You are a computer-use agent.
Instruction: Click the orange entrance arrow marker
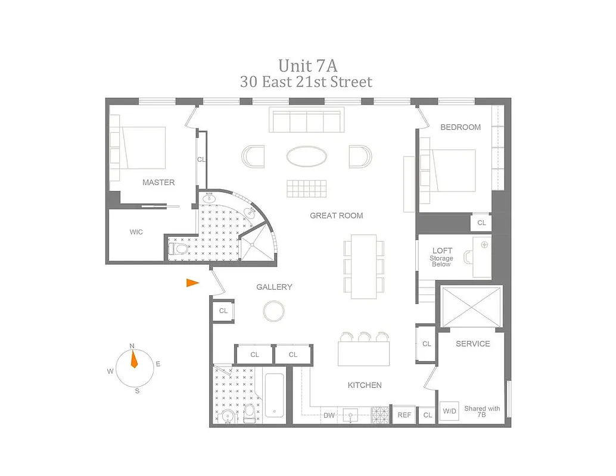click(192, 283)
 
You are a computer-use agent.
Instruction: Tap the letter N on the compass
click(132, 346)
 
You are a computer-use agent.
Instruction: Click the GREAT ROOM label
click(336, 215)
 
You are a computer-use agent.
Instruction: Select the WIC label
click(136, 232)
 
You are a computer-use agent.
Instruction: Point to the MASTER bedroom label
click(158, 183)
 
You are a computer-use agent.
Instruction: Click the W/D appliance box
click(449, 411)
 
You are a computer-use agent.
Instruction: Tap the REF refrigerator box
click(404, 415)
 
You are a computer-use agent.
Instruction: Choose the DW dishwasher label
click(329, 415)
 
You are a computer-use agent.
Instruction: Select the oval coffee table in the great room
click(306, 157)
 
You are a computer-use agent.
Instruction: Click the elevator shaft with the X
click(471, 306)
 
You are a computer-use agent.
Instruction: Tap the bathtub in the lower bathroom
click(275, 395)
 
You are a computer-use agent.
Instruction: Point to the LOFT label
click(442, 251)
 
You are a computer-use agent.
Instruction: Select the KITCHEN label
click(365, 386)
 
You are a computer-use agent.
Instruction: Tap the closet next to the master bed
click(201, 159)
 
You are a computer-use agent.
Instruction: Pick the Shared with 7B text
click(482, 412)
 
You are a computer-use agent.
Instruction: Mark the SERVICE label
click(472, 344)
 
